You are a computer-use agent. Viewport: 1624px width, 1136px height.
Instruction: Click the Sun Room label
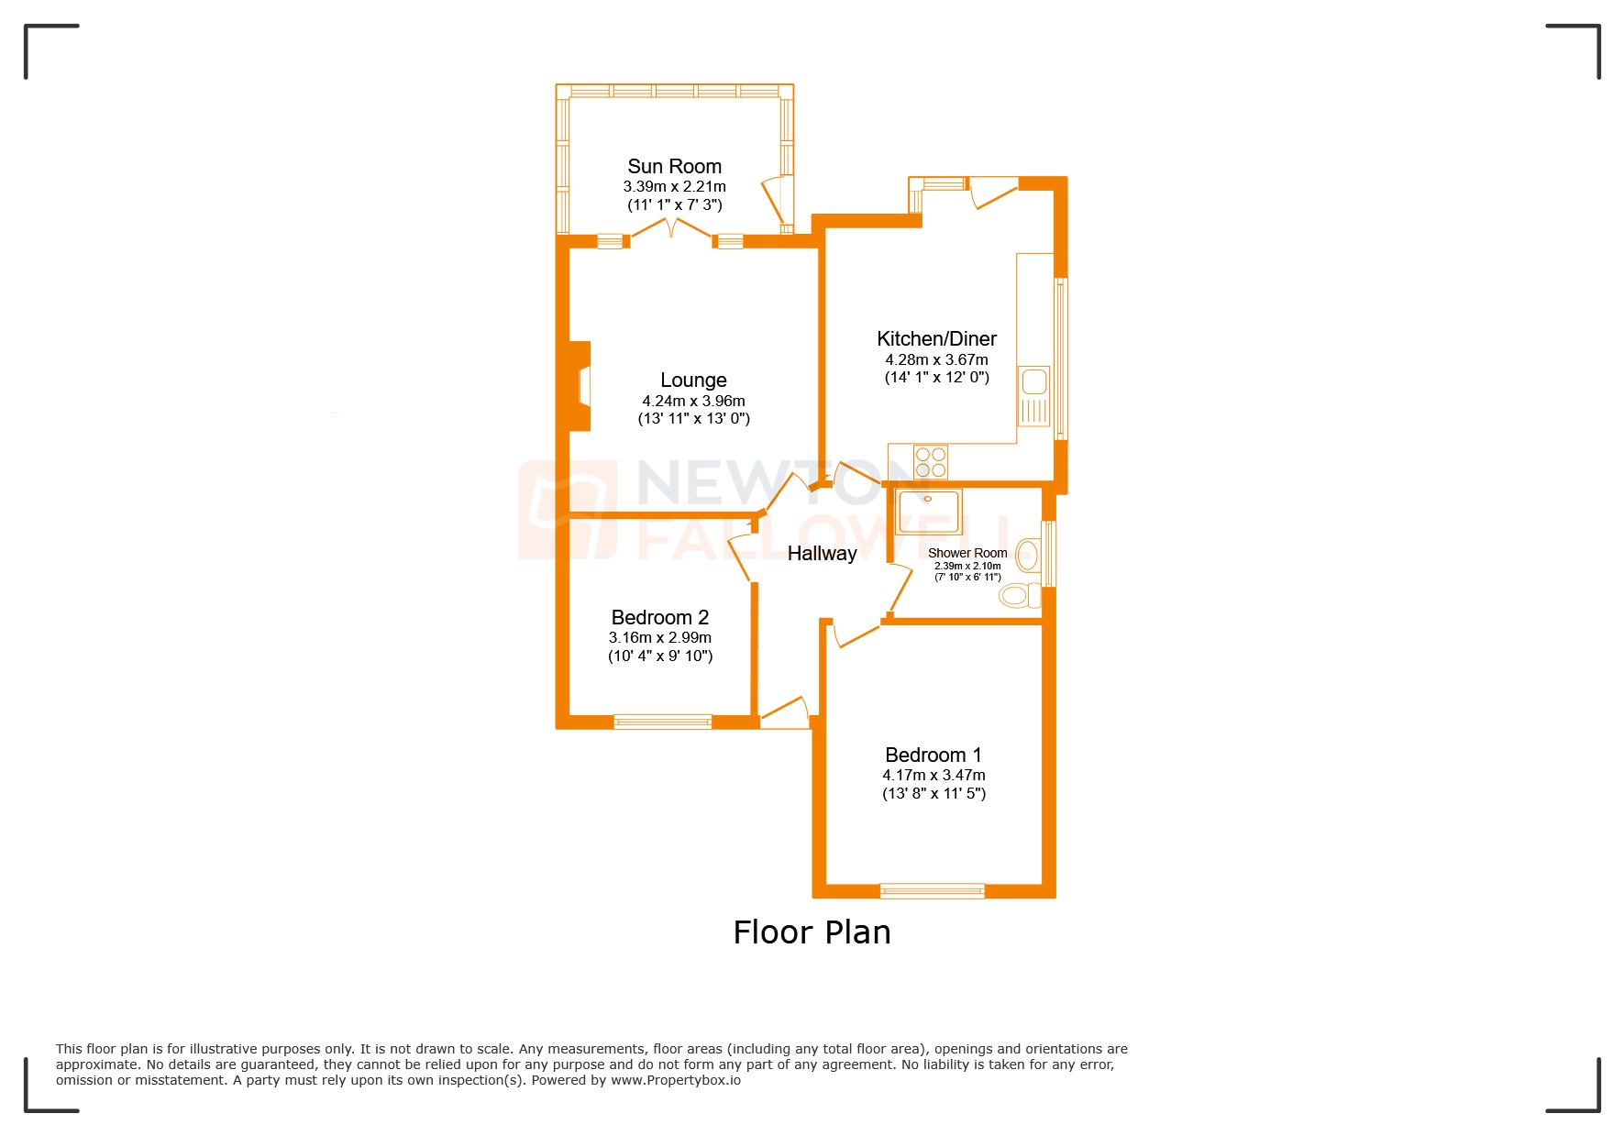674,166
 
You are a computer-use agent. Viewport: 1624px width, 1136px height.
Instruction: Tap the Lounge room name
693,380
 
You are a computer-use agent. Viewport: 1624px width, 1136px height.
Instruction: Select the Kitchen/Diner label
936,338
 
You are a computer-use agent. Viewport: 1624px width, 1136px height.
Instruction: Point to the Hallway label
822,553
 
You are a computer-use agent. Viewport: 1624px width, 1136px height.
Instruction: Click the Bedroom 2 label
659,617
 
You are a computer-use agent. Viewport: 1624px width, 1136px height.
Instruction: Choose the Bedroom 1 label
933,755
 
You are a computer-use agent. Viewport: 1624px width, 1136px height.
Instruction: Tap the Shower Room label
967,553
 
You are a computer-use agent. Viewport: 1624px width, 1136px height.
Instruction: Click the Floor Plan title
812,932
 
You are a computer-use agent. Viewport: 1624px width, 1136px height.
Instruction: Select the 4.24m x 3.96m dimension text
693,401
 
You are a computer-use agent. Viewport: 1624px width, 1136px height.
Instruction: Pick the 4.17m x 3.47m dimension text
934,775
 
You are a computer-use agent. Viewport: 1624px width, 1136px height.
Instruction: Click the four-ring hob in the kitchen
931,461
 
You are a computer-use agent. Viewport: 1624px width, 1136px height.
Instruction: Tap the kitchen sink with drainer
1034,395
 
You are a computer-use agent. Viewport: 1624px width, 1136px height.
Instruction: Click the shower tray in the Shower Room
928,512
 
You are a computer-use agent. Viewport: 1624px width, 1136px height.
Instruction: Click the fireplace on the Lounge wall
580,386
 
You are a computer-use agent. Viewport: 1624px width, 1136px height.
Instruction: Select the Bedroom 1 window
932,890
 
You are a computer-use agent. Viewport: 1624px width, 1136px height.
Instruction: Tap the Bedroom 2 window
662,722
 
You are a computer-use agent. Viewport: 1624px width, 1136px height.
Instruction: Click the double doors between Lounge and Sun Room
671,229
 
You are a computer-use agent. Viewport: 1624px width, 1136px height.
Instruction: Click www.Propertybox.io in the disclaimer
676,1080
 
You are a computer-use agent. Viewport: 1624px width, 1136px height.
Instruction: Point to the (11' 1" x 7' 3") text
674,204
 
